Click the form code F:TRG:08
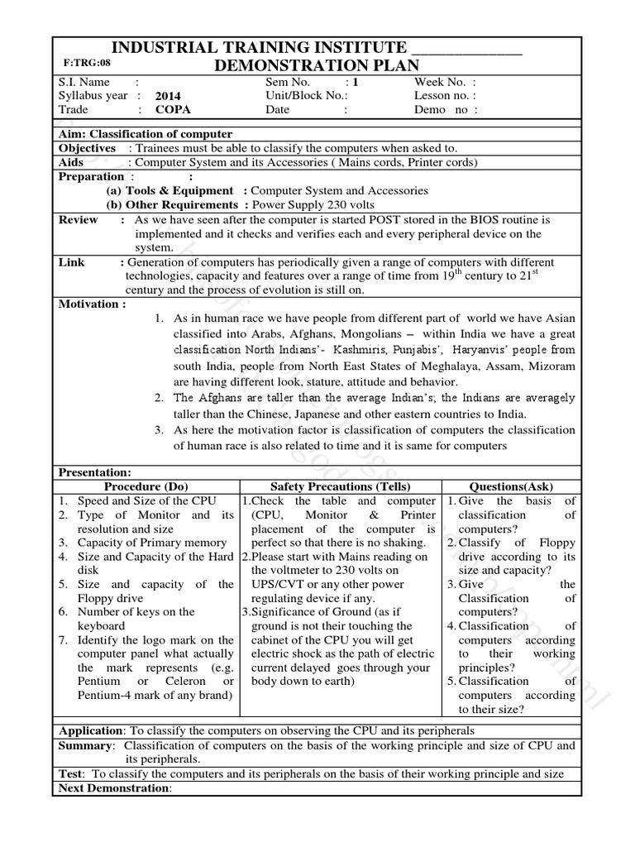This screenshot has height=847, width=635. point(86,63)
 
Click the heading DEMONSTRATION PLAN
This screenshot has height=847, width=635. point(316,65)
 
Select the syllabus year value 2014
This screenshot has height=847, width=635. point(168,96)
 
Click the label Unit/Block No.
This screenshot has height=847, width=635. point(301,96)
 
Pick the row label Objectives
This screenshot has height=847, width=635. point(87,148)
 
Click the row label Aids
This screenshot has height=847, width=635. point(71,162)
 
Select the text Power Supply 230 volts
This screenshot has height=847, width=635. point(313,204)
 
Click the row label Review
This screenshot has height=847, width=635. point(78,220)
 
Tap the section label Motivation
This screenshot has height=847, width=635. point(92,304)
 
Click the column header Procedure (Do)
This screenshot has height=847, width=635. point(146,486)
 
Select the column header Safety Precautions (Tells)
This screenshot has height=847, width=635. point(340,486)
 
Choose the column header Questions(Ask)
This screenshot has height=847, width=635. point(511,486)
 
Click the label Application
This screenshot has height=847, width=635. point(90,731)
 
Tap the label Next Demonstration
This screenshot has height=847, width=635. point(112,788)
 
